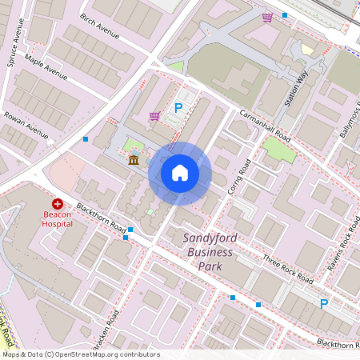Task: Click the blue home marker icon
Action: point(180,173)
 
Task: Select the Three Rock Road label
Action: point(287,268)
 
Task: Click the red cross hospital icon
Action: point(58,205)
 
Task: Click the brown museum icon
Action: point(133,162)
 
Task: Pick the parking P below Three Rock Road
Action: point(324,303)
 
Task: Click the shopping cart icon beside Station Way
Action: point(266,17)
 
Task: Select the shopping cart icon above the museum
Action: point(154,116)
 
